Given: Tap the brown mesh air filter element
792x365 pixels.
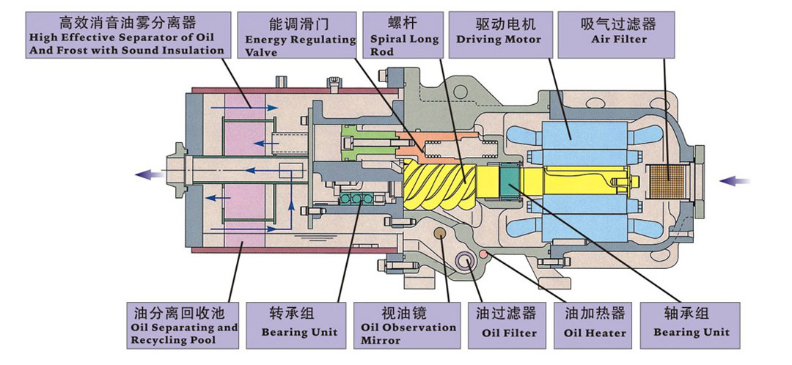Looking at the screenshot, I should tap(667, 180).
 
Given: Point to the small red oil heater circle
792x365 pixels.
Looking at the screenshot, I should tap(483, 254).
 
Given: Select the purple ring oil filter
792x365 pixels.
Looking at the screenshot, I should tap(464, 262).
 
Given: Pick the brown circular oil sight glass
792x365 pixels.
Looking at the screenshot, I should tap(440, 235).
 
